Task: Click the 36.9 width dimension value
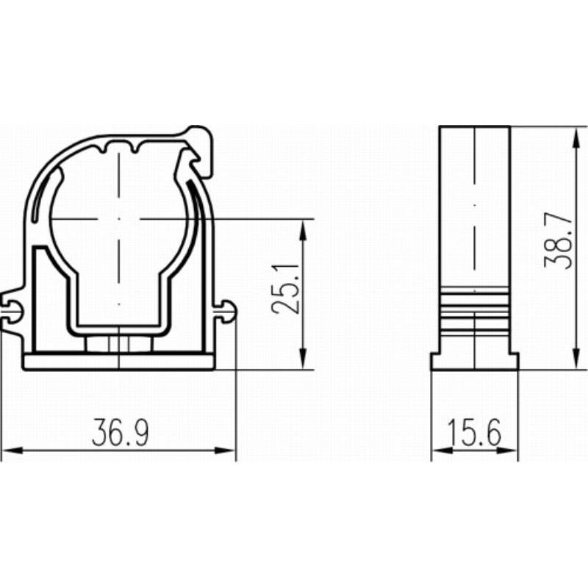(121, 432)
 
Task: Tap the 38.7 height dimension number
(559, 241)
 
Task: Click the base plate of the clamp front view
(118, 362)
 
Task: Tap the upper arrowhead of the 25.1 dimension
(304, 229)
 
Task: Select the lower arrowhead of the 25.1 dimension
(304, 359)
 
